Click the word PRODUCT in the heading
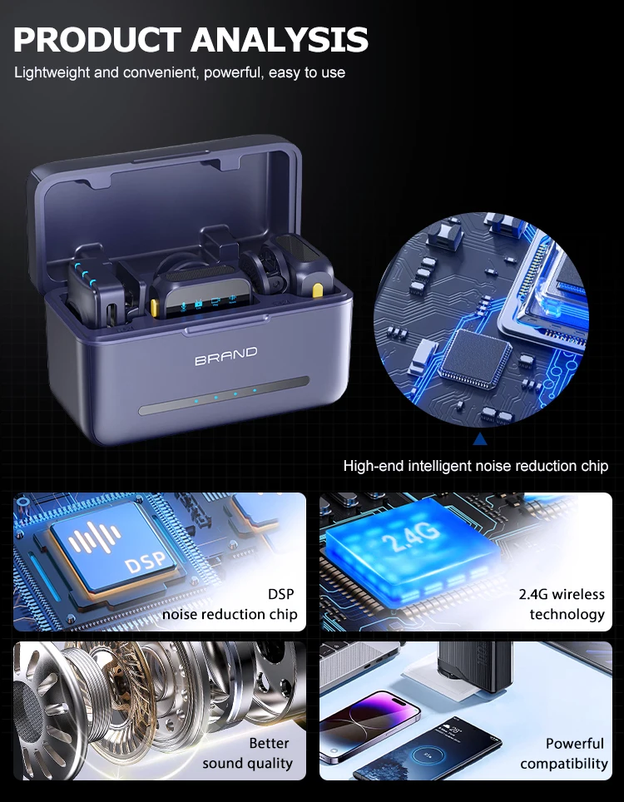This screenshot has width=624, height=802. (x=97, y=39)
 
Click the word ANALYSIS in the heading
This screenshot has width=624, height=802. (x=280, y=39)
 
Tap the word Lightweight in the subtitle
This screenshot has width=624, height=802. (x=52, y=72)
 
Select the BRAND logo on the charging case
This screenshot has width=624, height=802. (x=225, y=356)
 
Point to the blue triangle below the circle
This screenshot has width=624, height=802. (x=480, y=438)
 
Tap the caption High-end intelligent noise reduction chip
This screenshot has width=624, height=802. (x=476, y=466)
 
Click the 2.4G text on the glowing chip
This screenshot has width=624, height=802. (x=410, y=536)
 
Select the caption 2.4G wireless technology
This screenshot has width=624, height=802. (x=562, y=604)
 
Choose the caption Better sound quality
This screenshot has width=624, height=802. (x=248, y=753)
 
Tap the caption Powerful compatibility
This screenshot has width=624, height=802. (x=564, y=753)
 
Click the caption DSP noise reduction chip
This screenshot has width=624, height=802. (x=230, y=604)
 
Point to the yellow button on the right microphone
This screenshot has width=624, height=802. (x=318, y=290)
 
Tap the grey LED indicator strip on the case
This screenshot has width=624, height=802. (x=224, y=395)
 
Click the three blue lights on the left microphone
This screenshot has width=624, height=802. (x=85, y=275)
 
